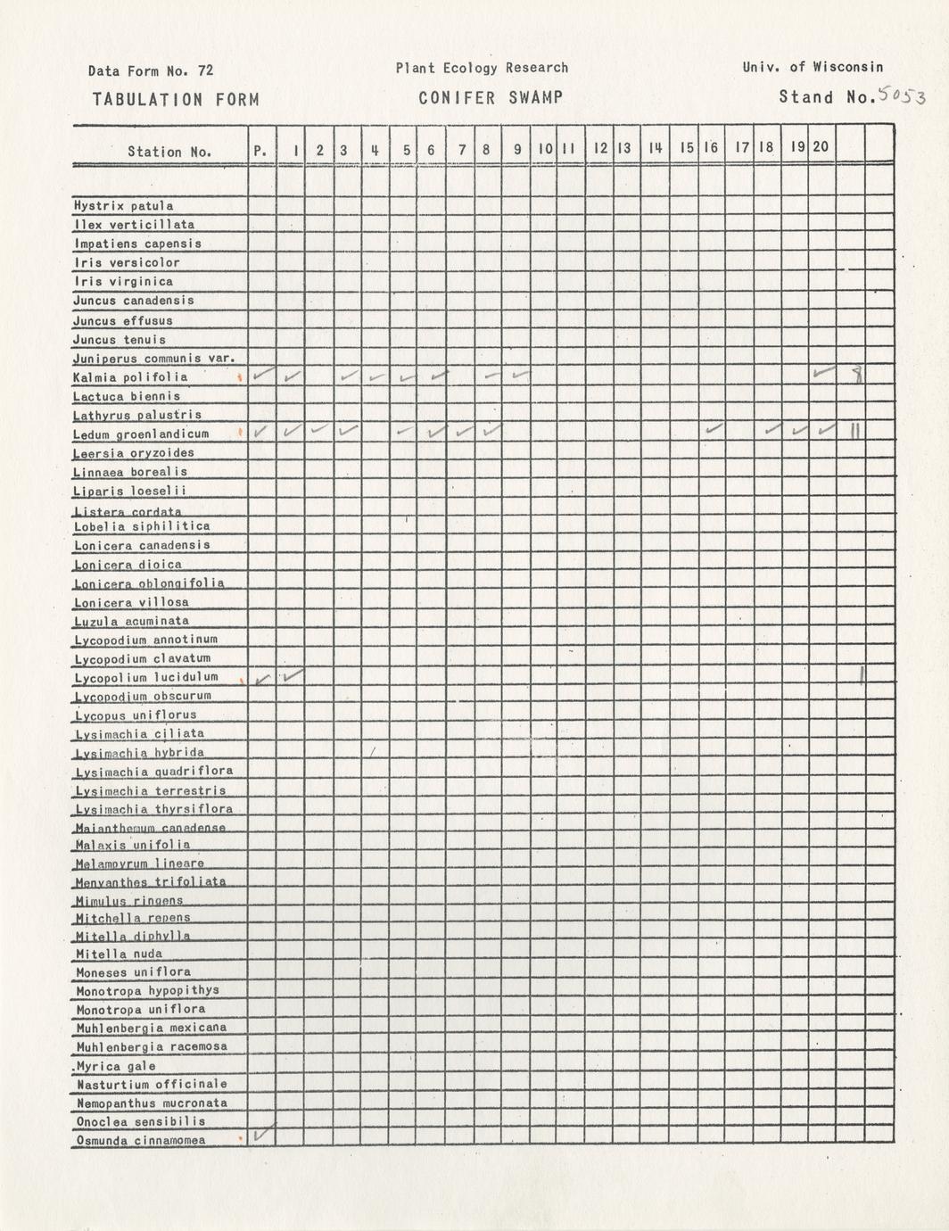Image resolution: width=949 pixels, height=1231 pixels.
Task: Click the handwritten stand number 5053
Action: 903,95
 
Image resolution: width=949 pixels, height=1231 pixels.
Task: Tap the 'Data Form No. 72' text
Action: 151,71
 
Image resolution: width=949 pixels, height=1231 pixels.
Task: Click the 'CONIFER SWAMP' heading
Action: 491,97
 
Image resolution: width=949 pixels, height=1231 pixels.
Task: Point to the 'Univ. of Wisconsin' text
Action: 812,67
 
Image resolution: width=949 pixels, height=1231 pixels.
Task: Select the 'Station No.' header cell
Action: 169,152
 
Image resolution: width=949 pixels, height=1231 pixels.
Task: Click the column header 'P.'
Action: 260,152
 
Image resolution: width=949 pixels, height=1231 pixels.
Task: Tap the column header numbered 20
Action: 821,146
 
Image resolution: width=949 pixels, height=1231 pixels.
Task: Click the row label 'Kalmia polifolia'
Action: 131,377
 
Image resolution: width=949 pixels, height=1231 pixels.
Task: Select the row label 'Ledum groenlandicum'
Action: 141,434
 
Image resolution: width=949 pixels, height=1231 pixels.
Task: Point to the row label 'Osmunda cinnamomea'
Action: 140,1141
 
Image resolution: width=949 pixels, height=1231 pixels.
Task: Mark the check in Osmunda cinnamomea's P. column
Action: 263,1133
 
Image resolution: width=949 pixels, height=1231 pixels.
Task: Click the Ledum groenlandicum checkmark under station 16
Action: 713,429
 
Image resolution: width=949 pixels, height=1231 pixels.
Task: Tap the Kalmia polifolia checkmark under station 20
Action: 823,372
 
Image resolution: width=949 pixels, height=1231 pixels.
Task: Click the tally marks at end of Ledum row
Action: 854,432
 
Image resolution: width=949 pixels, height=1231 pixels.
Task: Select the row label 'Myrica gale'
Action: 116,1066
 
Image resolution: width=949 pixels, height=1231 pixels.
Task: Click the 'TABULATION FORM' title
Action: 175,100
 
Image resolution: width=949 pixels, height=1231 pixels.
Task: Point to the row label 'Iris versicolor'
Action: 127,263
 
